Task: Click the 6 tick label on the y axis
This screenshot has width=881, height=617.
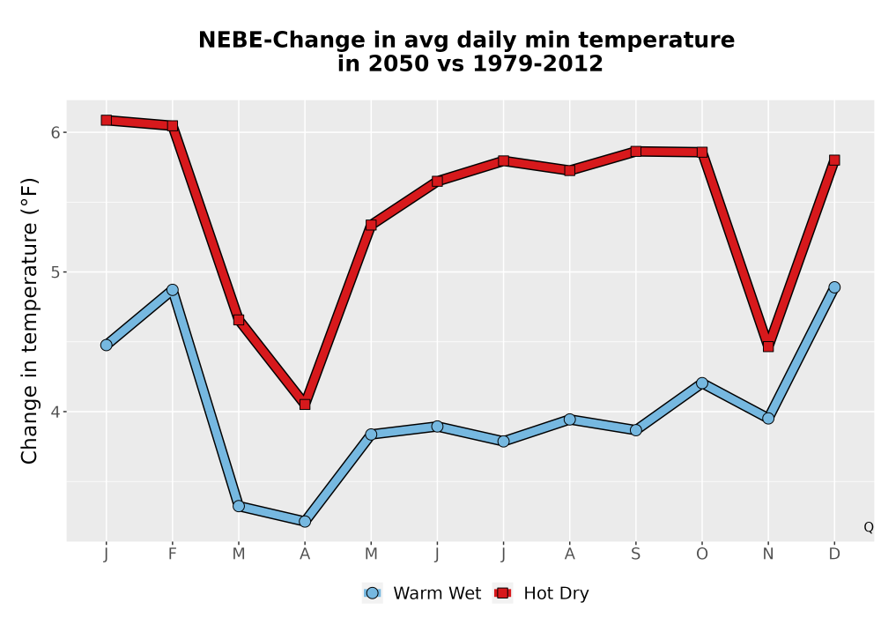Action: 56,132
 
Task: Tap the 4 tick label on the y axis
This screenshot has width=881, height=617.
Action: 56,412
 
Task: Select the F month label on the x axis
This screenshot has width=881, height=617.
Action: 173,554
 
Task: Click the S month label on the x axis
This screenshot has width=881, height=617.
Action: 635,554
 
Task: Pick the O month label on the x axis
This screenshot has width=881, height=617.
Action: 702,554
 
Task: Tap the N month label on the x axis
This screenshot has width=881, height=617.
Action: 768,554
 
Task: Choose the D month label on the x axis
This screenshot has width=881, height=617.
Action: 834,554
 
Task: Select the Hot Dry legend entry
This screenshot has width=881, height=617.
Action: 541,593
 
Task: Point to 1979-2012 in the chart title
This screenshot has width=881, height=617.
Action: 538,63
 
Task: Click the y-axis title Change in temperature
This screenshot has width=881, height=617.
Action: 29,321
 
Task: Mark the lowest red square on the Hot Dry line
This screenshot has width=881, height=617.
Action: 305,404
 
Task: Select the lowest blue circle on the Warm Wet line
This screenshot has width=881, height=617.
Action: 305,522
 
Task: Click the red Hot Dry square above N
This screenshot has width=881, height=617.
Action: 768,346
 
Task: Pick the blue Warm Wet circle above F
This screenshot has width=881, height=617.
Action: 173,290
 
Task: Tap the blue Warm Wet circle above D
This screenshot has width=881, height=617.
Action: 834,287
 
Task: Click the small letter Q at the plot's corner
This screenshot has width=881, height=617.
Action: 869,527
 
